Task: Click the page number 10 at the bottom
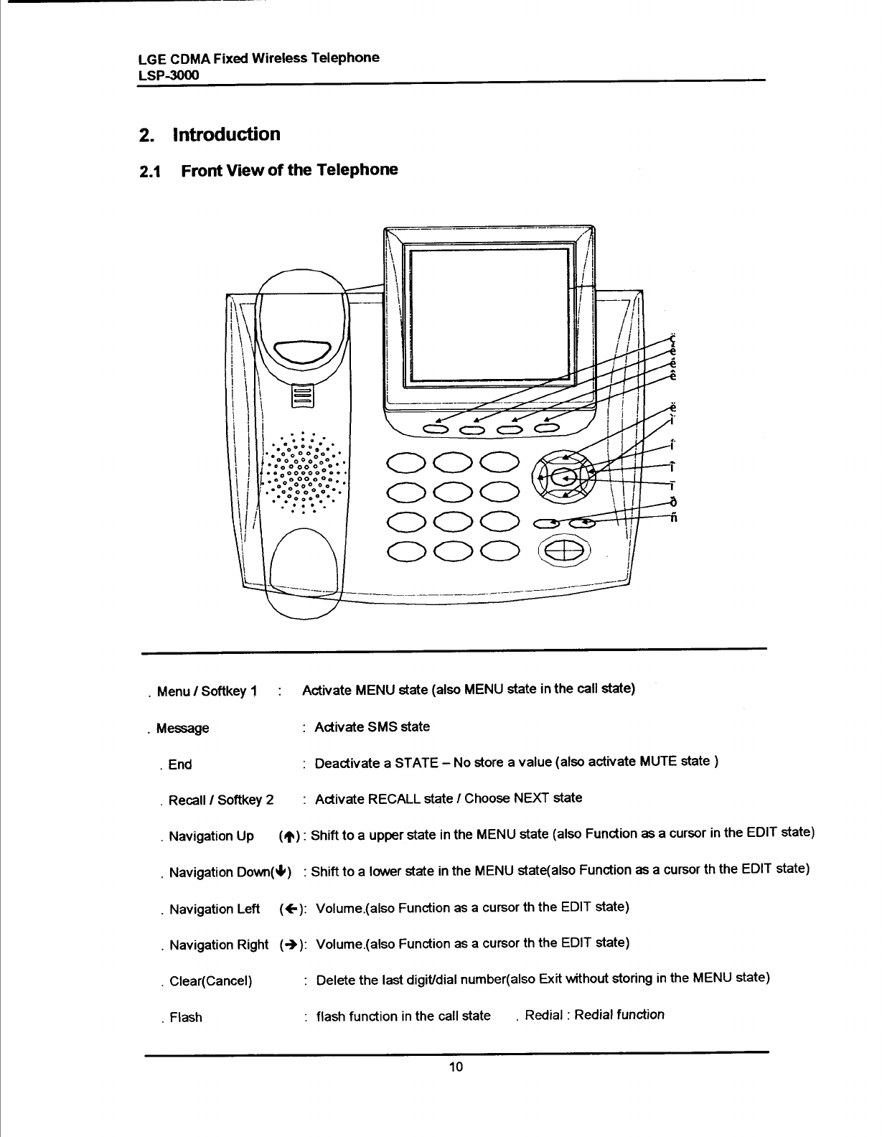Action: (456, 1066)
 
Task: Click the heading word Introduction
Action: (226, 135)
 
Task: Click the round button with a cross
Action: (566, 551)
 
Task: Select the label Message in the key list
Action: (182, 729)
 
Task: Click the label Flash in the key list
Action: (186, 1017)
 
